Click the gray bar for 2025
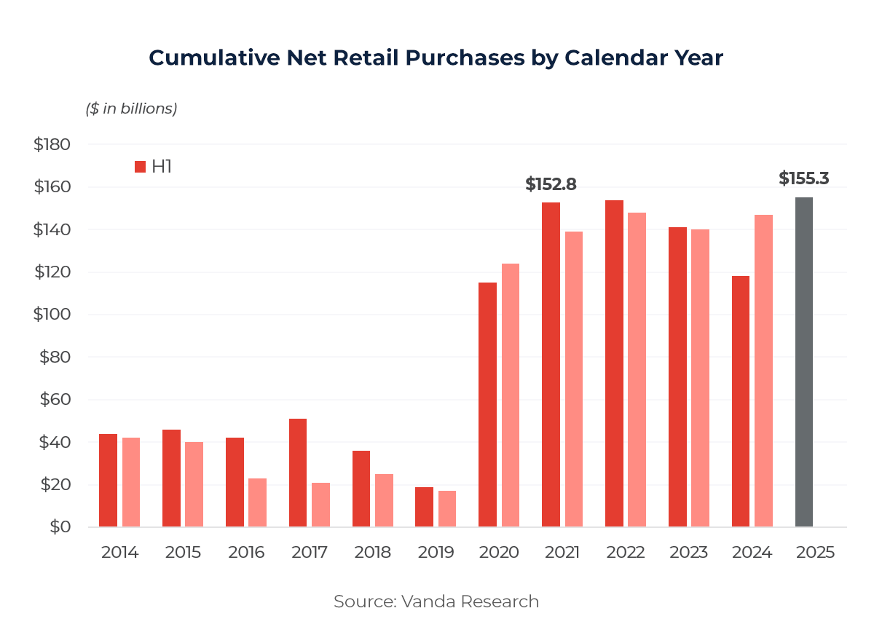[803, 362]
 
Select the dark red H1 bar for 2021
[551, 364]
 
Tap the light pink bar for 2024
[763, 371]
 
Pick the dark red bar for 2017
[298, 473]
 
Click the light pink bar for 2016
[257, 502]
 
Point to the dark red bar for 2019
[424, 507]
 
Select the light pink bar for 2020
[511, 395]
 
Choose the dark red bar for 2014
[108, 481]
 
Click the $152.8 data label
[551, 185]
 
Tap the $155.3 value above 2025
[803, 179]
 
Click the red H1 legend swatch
[141, 167]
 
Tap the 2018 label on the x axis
[372, 552]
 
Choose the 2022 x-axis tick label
[625, 552]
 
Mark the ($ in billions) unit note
[132, 109]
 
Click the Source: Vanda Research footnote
[436, 601]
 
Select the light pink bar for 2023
[700, 378]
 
